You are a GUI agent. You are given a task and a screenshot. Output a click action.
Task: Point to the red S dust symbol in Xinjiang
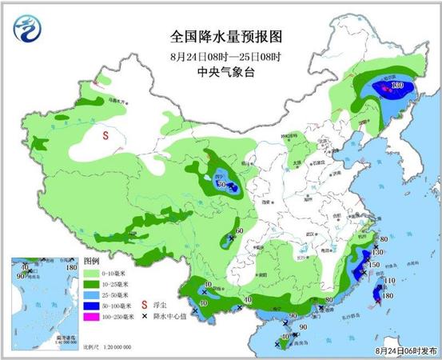(106, 136)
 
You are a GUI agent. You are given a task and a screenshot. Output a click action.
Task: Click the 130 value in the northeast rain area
(396, 86)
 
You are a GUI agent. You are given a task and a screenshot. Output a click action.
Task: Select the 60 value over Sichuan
(239, 232)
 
